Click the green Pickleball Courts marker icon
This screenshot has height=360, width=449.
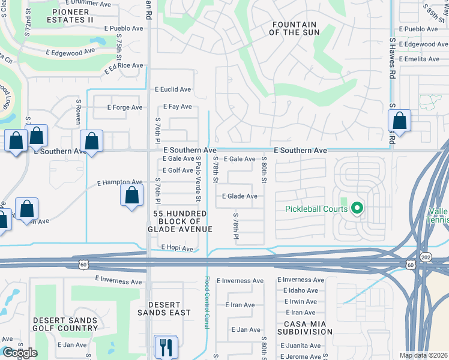click(357, 209)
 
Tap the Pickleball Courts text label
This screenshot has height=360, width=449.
click(316, 209)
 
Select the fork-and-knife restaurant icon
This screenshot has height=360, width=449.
click(165, 346)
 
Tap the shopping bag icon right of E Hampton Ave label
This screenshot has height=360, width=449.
click(132, 196)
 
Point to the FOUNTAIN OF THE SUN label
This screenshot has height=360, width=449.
click(294, 28)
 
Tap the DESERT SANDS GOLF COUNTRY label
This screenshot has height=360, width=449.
click(65, 324)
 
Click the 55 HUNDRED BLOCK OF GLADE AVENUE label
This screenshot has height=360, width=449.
click(180, 221)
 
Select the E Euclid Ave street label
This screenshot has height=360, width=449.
click(173, 89)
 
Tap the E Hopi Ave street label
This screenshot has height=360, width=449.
click(177, 248)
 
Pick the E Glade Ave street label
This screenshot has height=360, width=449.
click(240, 196)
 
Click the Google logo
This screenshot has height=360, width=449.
click(19, 353)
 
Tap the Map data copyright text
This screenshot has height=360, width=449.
click(423, 355)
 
